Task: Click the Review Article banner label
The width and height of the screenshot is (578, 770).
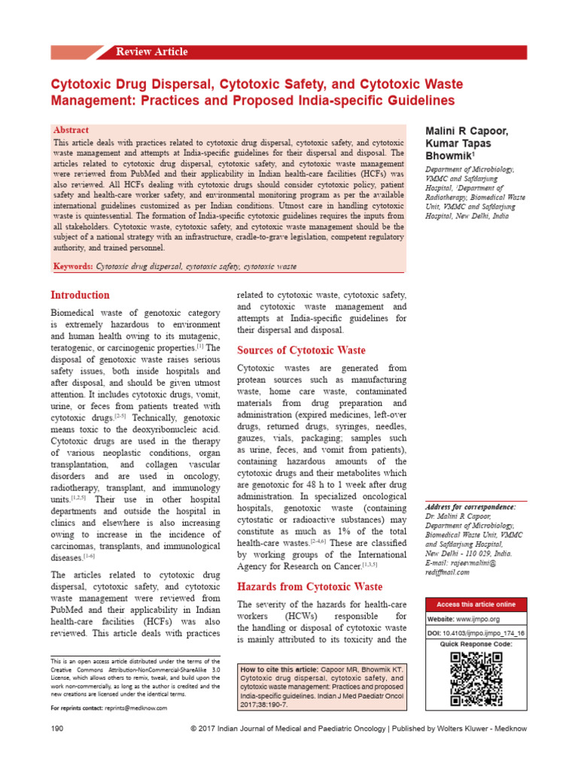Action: [151, 52]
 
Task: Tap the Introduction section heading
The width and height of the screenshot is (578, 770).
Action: [80, 295]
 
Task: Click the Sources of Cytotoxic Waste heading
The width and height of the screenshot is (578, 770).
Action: [301, 350]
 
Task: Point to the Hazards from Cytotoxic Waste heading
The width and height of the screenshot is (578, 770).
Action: [309, 587]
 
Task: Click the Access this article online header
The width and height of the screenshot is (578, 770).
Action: [476, 605]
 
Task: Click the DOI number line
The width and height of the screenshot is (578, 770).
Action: [476, 634]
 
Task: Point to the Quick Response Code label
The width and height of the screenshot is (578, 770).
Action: [476, 644]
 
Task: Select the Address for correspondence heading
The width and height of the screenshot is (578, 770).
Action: [470, 508]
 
